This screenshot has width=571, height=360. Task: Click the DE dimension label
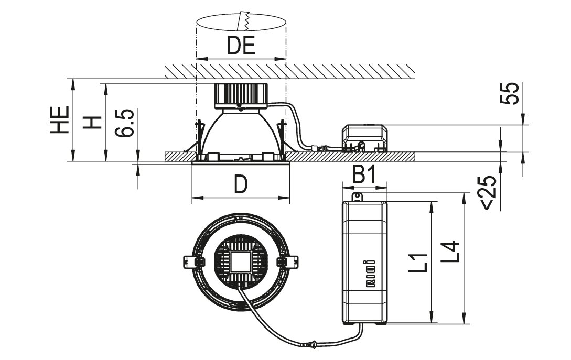click(241, 46)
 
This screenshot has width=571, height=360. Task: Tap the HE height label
click(60, 120)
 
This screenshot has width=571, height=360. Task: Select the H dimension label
click(92, 122)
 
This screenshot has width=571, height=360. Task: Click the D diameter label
click(240, 184)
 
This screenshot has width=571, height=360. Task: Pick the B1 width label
click(364, 176)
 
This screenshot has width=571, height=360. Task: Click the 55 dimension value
click(510, 94)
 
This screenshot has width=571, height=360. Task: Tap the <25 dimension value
click(489, 193)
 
